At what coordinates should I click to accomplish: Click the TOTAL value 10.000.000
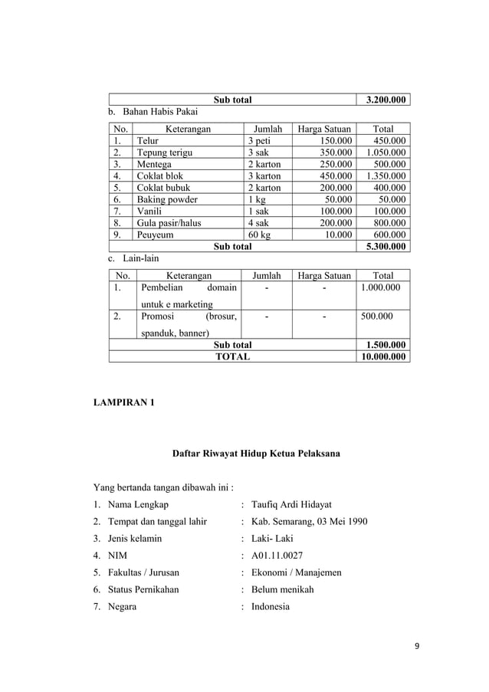pyautogui.click(x=384, y=356)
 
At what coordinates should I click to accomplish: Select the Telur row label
pyautogui.click(x=149, y=141)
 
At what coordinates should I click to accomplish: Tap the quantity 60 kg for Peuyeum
pyautogui.click(x=259, y=234)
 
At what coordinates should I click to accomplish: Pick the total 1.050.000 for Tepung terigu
pyautogui.click(x=384, y=153)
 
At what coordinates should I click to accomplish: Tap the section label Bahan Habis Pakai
pyautogui.click(x=161, y=112)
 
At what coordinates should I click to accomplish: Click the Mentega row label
pyautogui.click(x=154, y=164)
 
